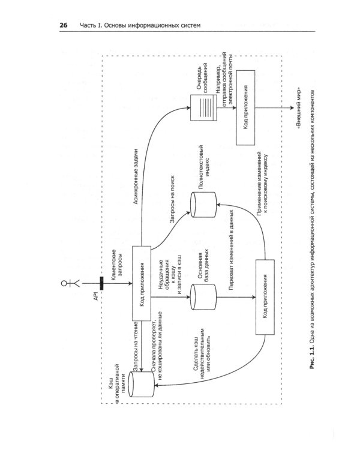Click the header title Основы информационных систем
click(153, 25)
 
